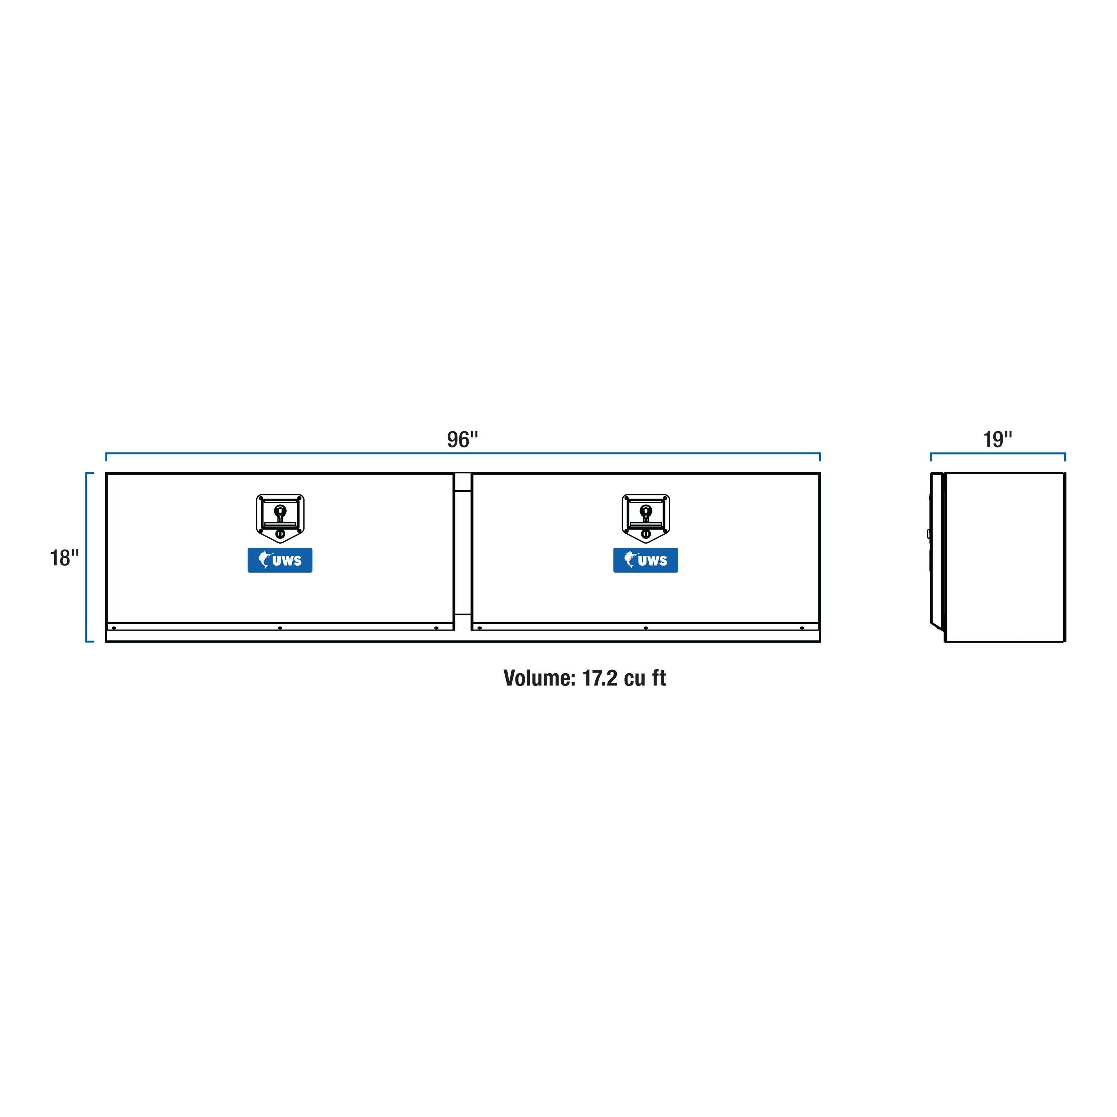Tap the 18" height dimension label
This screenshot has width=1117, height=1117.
[x=64, y=558]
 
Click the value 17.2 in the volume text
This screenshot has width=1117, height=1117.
[x=600, y=678]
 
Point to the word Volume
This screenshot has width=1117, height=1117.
[x=539, y=678]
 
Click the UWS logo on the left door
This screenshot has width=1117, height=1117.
[x=280, y=560]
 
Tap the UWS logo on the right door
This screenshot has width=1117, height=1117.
[x=646, y=560]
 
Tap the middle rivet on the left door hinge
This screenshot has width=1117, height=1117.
[x=280, y=628]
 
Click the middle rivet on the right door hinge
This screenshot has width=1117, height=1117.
[x=646, y=628]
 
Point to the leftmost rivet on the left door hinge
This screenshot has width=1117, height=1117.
[x=114, y=628]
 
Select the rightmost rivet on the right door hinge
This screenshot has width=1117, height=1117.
[x=802, y=628]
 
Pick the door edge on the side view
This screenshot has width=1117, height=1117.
[x=937, y=549]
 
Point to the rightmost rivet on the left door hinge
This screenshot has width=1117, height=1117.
[x=436, y=628]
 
